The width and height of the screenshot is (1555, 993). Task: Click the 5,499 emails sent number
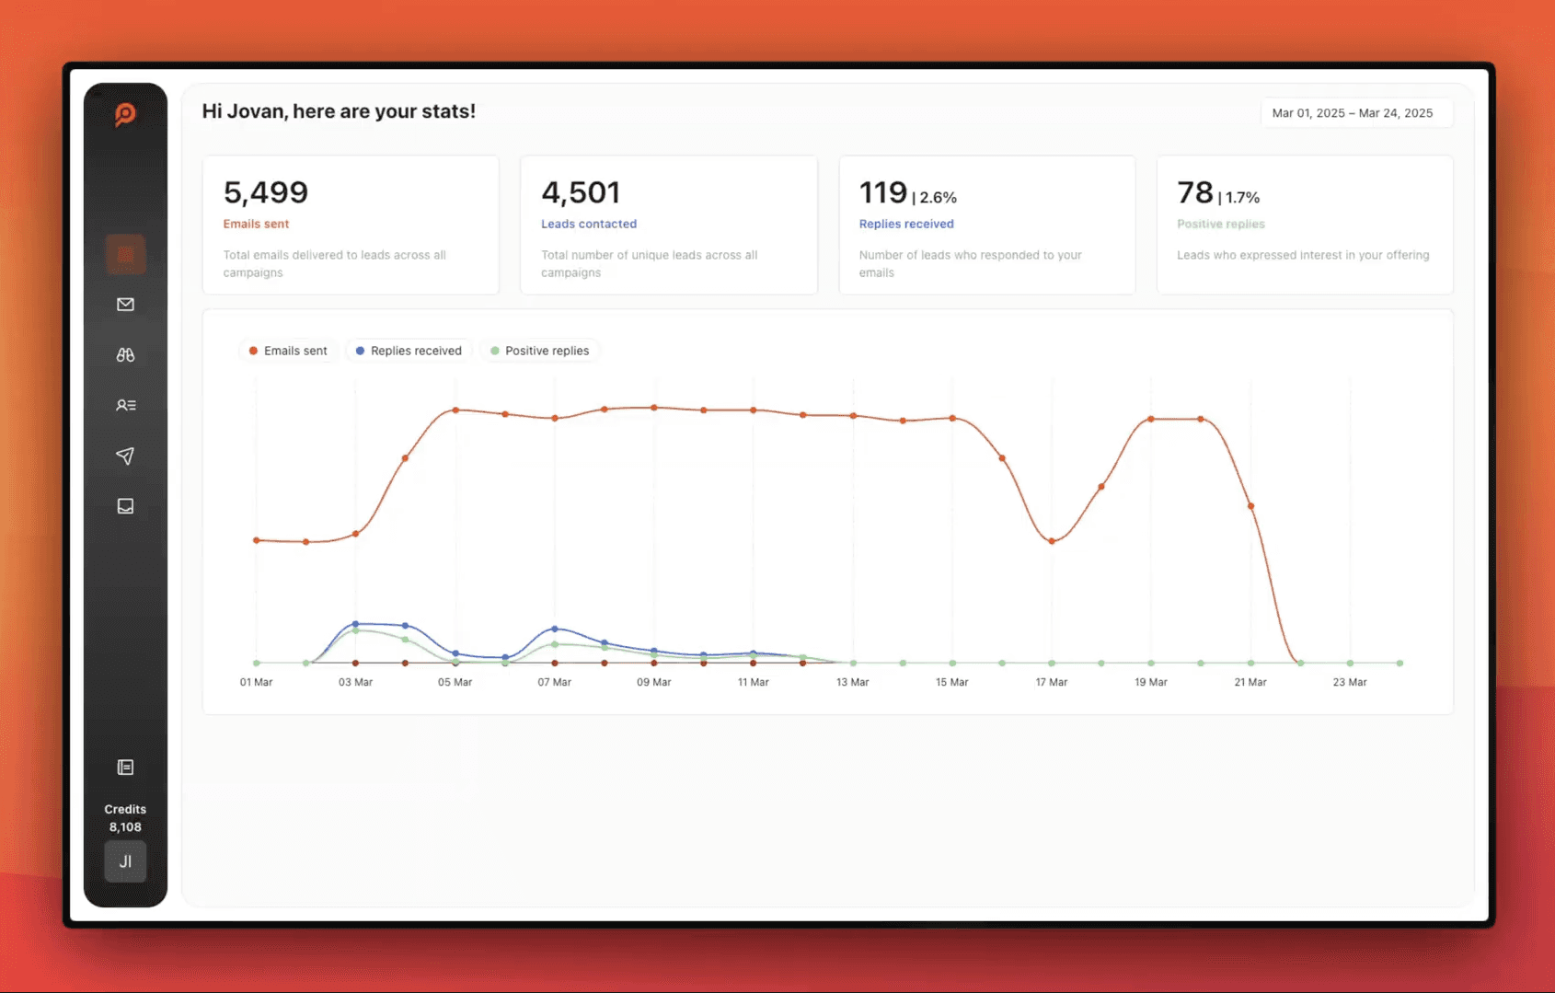click(x=266, y=192)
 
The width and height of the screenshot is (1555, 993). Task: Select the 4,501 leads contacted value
click(x=581, y=192)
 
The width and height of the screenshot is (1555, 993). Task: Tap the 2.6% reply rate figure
click(x=938, y=198)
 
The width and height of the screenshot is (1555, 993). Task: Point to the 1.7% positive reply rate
click(x=1242, y=198)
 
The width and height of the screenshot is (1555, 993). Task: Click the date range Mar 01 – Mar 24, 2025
click(x=1353, y=113)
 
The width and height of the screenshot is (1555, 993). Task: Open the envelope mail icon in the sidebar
click(x=126, y=304)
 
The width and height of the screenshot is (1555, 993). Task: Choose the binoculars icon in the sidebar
click(x=126, y=355)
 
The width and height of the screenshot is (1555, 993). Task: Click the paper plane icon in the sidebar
click(x=125, y=456)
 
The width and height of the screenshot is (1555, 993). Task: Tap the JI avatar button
click(x=126, y=861)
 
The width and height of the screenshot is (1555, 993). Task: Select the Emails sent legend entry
click(x=288, y=351)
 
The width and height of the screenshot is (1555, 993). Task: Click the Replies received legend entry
click(x=409, y=351)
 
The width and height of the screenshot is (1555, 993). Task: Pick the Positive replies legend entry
click(x=540, y=351)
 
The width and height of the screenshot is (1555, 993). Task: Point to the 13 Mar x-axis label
click(x=852, y=682)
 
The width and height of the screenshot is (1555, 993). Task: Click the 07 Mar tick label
click(x=554, y=682)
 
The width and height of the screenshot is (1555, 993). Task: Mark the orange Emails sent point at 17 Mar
click(x=1052, y=541)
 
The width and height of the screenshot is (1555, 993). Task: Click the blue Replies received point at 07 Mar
click(x=555, y=629)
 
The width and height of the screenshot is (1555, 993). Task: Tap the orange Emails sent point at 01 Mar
click(x=256, y=539)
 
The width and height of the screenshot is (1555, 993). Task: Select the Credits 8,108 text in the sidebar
click(x=126, y=818)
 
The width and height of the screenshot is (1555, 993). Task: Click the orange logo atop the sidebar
click(x=126, y=114)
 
